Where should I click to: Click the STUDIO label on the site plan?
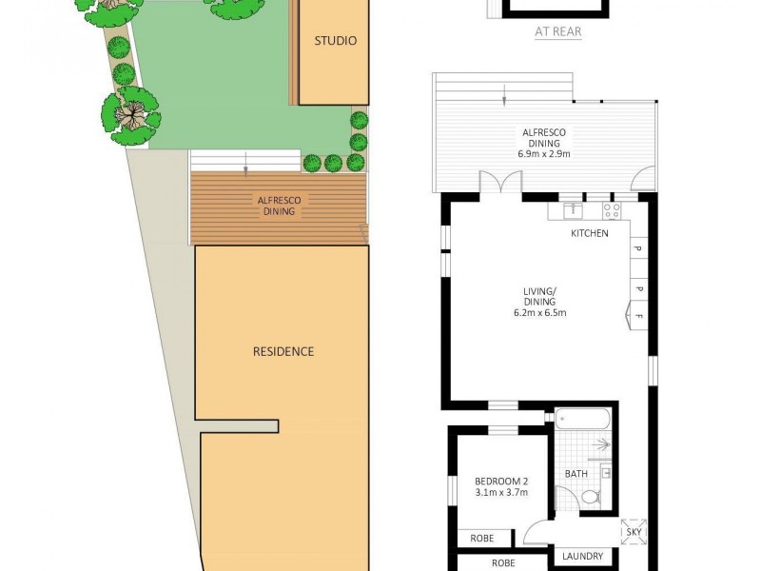click(336, 41)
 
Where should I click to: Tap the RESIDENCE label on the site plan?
click(283, 351)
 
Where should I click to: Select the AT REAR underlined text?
click(558, 31)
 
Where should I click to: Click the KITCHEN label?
click(590, 233)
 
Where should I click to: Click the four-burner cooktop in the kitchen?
click(612, 210)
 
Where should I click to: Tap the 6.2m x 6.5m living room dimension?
click(540, 311)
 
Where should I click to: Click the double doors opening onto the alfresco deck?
click(501, 181)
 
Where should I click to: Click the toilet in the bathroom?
click(590, 496)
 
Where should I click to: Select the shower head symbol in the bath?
click(599, 443)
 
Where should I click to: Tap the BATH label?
click(576, 473)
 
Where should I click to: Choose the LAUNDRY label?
click(583, 557)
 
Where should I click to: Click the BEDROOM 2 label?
click(499, 481)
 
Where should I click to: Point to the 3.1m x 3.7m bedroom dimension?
click(499, 493)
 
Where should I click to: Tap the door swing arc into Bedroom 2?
click(535, 533)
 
